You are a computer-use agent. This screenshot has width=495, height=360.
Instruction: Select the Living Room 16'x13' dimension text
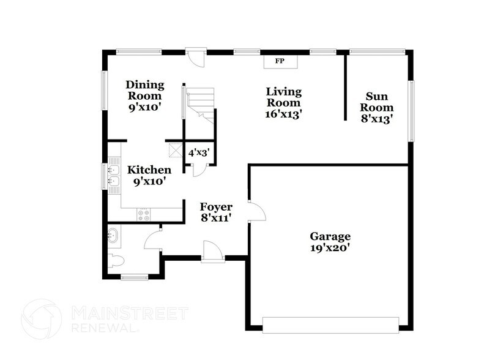(x=284, y=114)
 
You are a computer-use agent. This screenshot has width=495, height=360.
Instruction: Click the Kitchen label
(x=149, y=170)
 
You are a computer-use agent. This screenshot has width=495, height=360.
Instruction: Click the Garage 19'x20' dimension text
(x=330, y=248)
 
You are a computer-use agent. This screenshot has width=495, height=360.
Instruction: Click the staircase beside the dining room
(x=201, y=104)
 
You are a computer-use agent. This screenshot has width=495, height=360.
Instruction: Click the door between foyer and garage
(x=256, y=211)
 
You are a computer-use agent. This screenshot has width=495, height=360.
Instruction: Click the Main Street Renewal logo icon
(x=42, y=319)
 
